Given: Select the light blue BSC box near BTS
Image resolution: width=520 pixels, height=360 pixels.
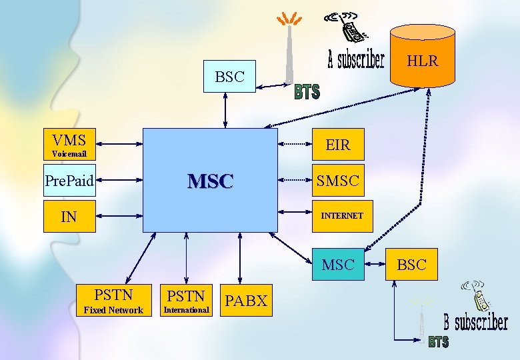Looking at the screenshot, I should point(229,77).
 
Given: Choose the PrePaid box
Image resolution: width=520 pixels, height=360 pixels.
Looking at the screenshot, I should point(69,180).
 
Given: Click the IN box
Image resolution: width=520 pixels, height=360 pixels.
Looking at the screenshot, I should point(69,216).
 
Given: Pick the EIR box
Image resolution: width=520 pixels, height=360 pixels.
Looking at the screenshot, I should point(337,145).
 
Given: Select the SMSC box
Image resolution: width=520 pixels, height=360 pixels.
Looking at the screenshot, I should point(337,180).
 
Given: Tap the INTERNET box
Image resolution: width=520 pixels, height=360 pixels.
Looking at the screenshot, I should point(341,216).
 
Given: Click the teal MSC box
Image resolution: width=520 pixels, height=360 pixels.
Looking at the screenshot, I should point(338,265).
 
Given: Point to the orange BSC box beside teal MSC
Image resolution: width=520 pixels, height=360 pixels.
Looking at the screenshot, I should point(411,265).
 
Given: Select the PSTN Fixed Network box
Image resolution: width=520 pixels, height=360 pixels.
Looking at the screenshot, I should point(113,301).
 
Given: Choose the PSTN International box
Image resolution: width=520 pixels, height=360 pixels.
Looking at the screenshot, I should point(186,301).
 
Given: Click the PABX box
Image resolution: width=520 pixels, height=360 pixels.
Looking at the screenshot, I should point(245,301).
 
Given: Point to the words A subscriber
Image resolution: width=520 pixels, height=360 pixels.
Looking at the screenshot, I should point(356,60).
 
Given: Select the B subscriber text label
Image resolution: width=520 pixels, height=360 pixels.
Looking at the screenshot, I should point(476,323).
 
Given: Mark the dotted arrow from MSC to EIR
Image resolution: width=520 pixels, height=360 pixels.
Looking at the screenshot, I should point(295,144).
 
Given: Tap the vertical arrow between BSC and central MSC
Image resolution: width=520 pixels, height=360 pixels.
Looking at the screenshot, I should point(227,111).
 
